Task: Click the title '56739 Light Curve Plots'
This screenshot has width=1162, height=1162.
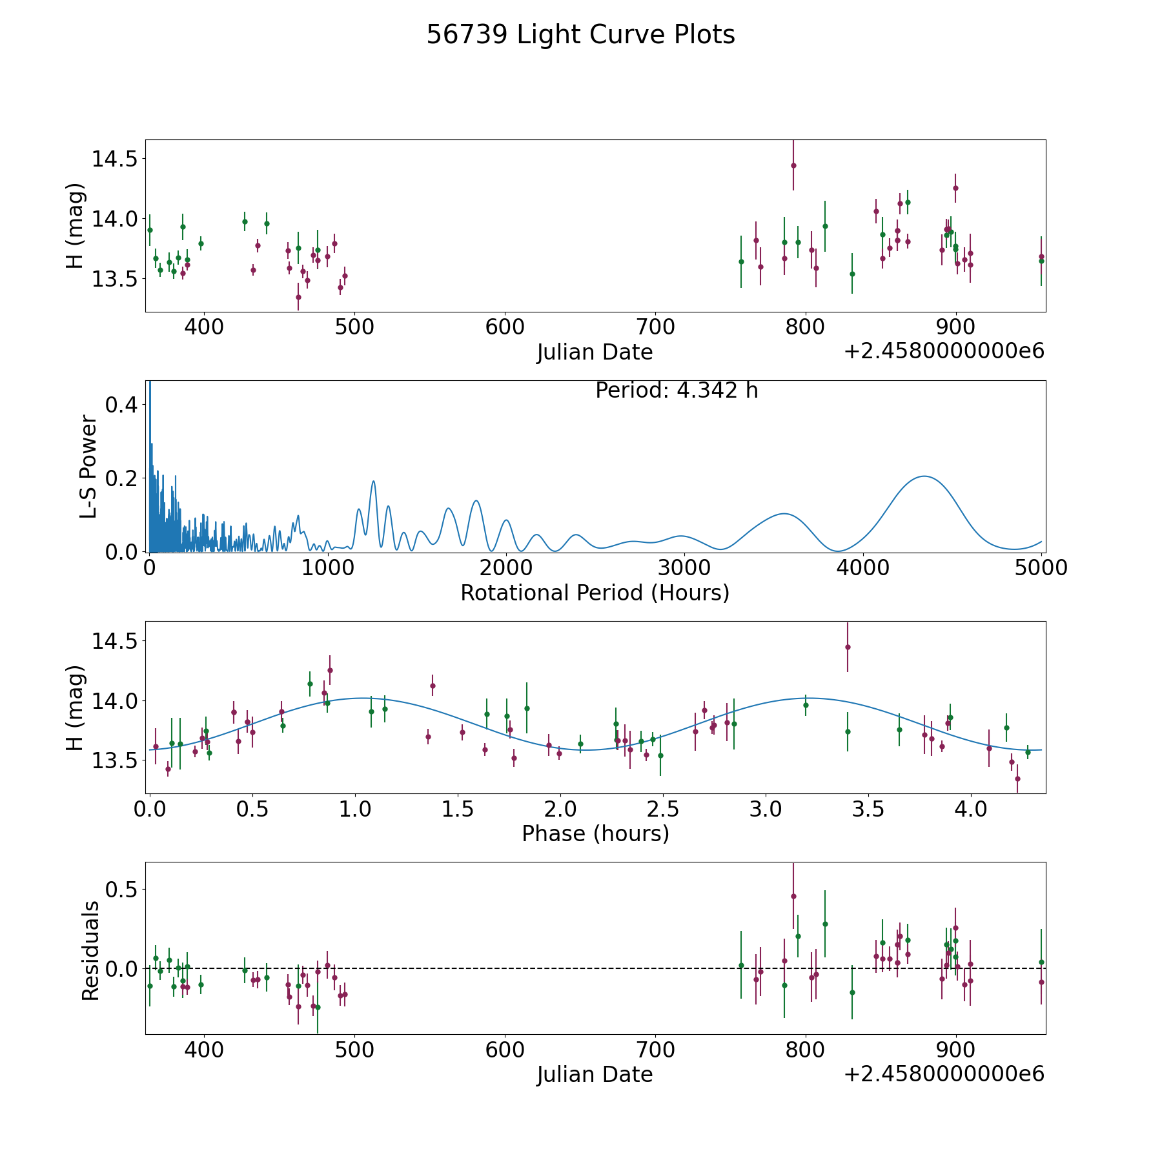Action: [x=580, y=35]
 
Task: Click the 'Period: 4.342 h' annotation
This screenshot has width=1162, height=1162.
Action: [x=677, y=391]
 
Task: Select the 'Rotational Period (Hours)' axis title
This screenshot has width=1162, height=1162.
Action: [x=595, y=593]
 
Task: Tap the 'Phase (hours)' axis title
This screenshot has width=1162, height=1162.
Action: [x=595, y=833]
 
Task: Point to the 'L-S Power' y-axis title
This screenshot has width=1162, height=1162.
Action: [x=88, y=467]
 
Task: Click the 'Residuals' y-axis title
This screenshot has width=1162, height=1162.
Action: [x=90, y=950]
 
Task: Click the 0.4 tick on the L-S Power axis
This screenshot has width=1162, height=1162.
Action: [x=123, y=405]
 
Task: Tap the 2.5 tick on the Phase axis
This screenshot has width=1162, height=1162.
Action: [x=663, y=809]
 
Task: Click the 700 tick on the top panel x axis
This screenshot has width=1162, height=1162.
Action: [x=655, y=327]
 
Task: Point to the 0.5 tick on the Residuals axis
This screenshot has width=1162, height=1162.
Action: [x=123, y=890]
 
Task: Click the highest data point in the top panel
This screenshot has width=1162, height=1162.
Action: [x=793, y=165]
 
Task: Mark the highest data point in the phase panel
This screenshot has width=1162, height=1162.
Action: [x=848, y=647]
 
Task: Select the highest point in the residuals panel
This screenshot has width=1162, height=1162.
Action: [x=793, y=896]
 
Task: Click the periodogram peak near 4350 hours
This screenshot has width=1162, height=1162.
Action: [x=924, y=476]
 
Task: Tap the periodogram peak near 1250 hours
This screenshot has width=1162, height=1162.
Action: [x=373, y=481]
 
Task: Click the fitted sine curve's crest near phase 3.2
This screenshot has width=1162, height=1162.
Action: [x=807, y=698]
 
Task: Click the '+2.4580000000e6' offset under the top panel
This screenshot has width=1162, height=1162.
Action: [x=944, y=351]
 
